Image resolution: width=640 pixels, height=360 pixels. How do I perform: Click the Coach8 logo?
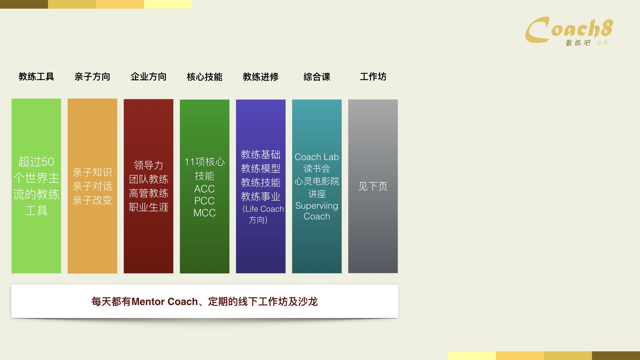coord(569,31)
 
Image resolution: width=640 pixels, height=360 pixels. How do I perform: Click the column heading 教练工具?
coord(36,77)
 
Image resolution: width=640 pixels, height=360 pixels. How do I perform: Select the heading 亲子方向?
coord(92,77)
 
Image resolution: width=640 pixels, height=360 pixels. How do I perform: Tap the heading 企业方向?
coord(149,77)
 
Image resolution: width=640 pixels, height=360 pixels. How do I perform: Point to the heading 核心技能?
coord(205,77)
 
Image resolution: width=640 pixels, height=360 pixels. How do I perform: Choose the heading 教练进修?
coord(261,77)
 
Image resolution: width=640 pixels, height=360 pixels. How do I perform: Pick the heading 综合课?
coord(317,77)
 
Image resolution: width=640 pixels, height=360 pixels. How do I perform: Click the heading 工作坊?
coord(373,77)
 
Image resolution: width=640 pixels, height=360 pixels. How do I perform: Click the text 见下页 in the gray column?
coord(373,186)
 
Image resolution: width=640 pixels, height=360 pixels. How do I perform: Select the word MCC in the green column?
coord(205,213)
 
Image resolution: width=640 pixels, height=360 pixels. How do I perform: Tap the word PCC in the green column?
coord(205,201)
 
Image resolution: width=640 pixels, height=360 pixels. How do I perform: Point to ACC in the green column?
coord(205,189)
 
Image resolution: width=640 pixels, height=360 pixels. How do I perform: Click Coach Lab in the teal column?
coord(317,157)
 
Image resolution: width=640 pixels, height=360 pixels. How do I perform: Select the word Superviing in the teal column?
coord(317,206)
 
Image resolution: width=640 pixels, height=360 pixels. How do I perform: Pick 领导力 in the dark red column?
coord(149,165)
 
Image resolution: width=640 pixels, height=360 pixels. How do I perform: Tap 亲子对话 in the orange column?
coord(92,186)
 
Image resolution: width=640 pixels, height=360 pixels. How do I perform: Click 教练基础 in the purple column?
coord(261,154)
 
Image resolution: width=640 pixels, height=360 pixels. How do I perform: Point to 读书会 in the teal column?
coord(317,168)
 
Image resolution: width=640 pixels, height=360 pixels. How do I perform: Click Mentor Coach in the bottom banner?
coord(165,302)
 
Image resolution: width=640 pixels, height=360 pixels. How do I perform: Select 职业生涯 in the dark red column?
coord(149,207)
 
